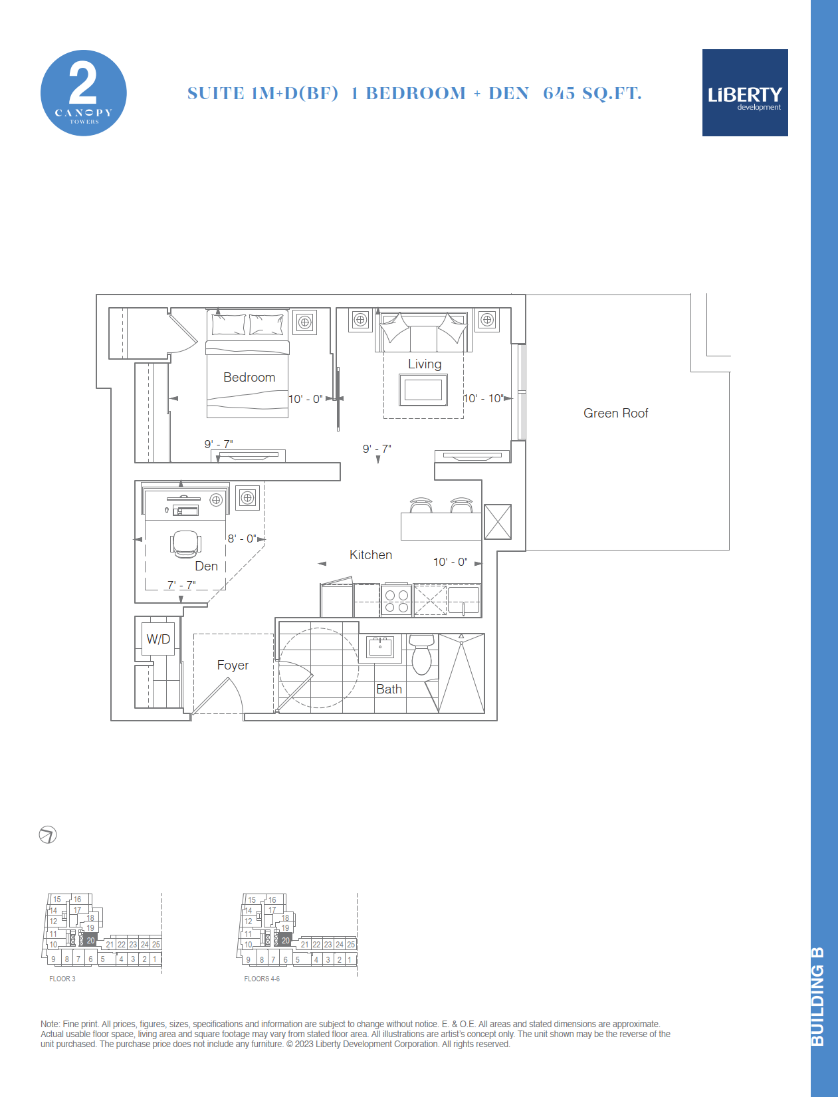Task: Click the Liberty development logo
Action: pyautogui.click(x=744, y=92)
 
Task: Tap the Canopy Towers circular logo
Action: pyautogui.click(x=83, y=93)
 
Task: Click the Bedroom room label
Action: pyautogui.click(x=249, y=378)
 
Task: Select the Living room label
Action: pyautogui.click(x=425, y=364)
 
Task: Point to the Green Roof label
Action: pyautogui.click(x=616, y=414)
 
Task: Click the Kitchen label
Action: pyautogui.click(x=371, y=554)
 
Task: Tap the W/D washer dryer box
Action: pyautogui.click(x=158, y=639)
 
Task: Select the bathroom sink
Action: pyautogui.click(x=380, y=647)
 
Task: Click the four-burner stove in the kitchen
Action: pyautogui.click(x=396, y=601)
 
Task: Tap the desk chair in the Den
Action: pyautogui.click(x=186, y=544)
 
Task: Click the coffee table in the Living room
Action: pyautogui.click(x=423, y=390)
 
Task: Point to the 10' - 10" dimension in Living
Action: pyautogui.click(x=483, y=398)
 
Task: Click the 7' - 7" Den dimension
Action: pyautogui.click(x=181, y=584)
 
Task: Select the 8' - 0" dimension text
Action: pyautogui.click(x=242, y=539)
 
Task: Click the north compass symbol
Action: pyautogui.click(x=48, y=834)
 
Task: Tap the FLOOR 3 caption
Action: pyautogui.click(x=62, y=979)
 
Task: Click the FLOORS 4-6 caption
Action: pyautogui.click(x=262, y=979)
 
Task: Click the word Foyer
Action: pyautogui.click(x=233, y=666)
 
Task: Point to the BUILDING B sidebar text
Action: pyautogui.click(x=817, y=997)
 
